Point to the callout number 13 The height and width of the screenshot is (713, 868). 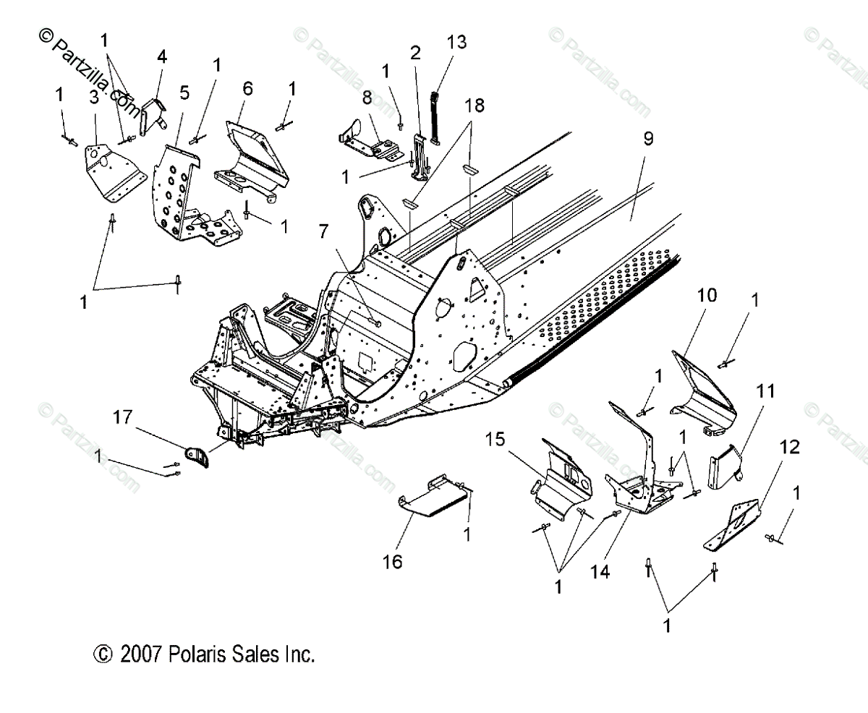coord(456,41)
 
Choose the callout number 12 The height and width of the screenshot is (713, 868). coord(790,448)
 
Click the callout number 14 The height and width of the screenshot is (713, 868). coord(600,572)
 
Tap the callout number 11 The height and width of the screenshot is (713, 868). coord(765,391)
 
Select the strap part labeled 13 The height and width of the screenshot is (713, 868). coord(436,116)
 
